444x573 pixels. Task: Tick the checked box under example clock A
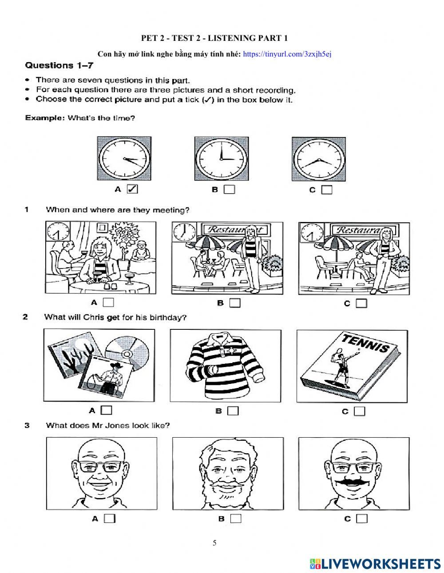(132, 189)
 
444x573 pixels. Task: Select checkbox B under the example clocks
(229, 190)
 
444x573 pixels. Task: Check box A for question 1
(108, 302)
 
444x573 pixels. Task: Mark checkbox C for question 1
(361, 304)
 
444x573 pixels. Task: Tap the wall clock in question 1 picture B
(181, 231)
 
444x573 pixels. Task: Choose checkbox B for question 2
(233, 411)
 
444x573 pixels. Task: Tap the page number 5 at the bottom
(215, 543)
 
